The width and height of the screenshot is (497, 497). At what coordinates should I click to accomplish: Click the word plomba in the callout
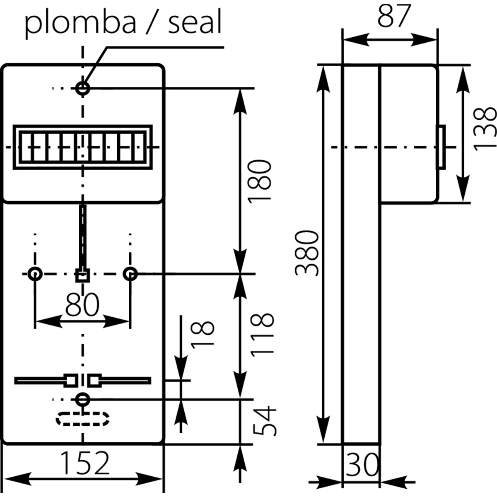pyautogui.click(x=80, y=24)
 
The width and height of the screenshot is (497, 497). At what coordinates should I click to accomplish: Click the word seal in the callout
pyautogui.click(x=195, y=22)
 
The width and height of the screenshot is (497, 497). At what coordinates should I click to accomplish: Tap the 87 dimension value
pyautogui.click(x=394, y=16)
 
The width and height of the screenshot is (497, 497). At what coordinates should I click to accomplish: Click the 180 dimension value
pyautogui.click(x=259, y=181)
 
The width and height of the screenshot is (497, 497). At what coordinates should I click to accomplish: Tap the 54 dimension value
pyautogui.click(x=264, y=421)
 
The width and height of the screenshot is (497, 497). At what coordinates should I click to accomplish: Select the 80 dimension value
pyautogui.click(x=82, y=304)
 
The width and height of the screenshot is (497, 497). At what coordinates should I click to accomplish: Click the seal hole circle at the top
pyautogui.click(x=82, y=89)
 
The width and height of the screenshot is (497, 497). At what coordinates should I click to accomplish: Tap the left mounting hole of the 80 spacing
pyautogui.click(x=35, y=274)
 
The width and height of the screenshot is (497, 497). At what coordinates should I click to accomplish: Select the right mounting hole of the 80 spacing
pyautogui.click(x=130, y=274)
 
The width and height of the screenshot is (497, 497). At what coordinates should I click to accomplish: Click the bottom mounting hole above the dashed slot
pyautogui.click(x=82, y=400)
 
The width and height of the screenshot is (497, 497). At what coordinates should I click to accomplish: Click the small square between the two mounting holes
pyautogui.click(x=82, y=275)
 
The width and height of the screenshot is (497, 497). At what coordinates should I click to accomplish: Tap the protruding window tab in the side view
pyautogui.click(x=441, y=147)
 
